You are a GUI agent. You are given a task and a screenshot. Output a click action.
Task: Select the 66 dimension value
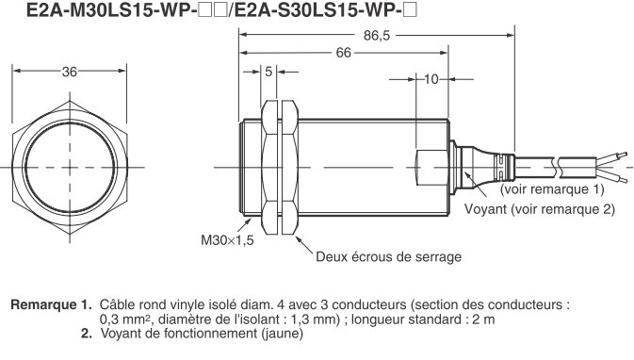click(343, 54)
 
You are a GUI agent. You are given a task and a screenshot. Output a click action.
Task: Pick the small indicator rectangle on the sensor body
click(424, 166)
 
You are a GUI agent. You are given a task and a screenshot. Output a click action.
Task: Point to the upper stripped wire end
click(612, 154)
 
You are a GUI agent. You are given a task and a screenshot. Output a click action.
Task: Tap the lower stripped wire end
click(612, 178)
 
